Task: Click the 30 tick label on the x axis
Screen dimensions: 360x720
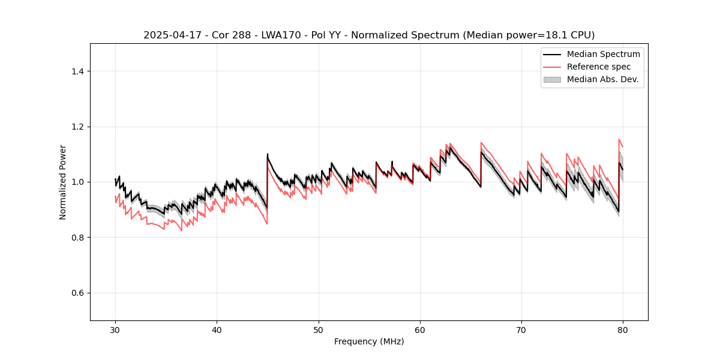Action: point(115,329)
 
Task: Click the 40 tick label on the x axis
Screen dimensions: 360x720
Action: point(217,329)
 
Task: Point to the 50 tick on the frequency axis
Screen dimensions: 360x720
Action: point(319,329)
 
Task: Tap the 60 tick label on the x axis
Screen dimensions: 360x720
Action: point(420,329)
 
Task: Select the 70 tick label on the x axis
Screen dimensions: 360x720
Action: point(521,329)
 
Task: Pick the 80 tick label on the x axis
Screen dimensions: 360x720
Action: point(623,329)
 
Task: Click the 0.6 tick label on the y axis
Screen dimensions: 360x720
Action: point(77,293)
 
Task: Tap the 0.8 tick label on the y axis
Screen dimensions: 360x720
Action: point(77,238)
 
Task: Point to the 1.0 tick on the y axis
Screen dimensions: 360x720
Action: point(77,182)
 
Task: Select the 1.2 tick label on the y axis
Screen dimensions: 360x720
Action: point(77,127)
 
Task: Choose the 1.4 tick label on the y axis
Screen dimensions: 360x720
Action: point(77,71)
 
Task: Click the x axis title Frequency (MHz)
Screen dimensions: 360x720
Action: point(369,341)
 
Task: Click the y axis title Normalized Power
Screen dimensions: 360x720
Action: point(63,182)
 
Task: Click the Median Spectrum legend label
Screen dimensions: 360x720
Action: point(603,54)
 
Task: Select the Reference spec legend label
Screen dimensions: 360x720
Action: point(599,67)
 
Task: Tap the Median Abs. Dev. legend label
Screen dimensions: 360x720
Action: point(603,79)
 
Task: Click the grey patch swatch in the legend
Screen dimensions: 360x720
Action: point(552,79)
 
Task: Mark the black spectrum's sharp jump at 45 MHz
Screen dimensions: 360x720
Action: point(268,180)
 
